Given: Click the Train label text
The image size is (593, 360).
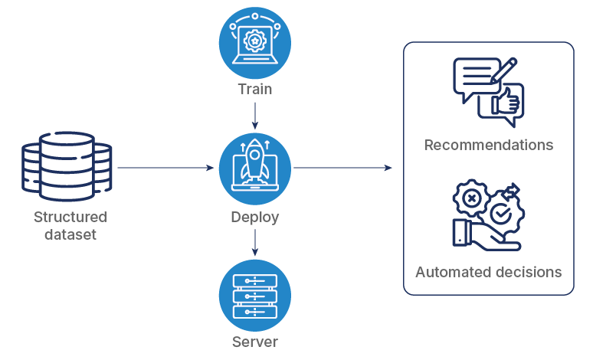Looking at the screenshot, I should tap(255, 90).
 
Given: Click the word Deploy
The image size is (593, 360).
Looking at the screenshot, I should tap(255, 218).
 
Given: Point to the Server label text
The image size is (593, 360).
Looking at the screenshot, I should tap(255, 342).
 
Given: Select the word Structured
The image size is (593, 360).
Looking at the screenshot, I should tap(70, 218).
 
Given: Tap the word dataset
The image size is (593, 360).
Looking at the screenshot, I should tap(70, 235).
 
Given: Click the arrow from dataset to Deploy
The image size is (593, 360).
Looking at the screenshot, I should tap(165, 167).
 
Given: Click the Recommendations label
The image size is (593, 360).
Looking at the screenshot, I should tap(489, 145).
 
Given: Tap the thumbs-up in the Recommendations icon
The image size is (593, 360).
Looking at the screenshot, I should tap(506, 103).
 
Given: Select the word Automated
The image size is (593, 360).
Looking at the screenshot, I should tap(450, 272).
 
